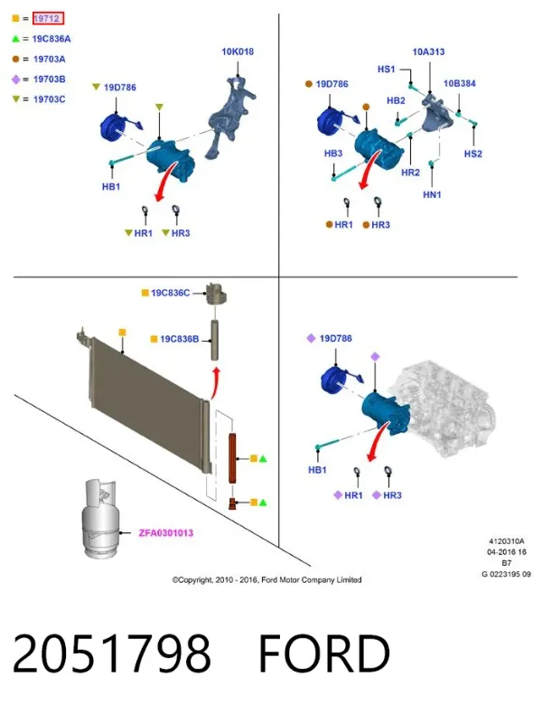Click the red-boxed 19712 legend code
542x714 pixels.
(x=48, y=19)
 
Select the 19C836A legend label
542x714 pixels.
(x=51, y=39)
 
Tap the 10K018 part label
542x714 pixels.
(x=238, y=52)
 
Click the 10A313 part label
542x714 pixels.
(x=428, y=52)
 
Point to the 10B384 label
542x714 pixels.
(x=460, y=84)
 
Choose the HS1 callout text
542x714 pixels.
(x=387, y=70)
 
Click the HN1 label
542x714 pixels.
(x=433, y=195)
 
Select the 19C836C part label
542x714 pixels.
(x=170, y=293)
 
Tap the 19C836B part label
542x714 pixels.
(x=179, y=339)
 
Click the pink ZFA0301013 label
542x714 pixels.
(x=165, y=532)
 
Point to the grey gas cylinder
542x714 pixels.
(x=100, y=518)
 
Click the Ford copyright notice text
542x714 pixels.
(x=266, y=580)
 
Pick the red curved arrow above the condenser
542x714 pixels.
(x=216, y=383)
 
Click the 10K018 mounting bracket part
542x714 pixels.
(x=229, y=117)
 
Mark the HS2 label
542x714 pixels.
(x=472, y=154)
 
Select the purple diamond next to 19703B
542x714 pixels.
(x=16, y=80)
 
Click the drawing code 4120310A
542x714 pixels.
(x=507, y=541)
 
